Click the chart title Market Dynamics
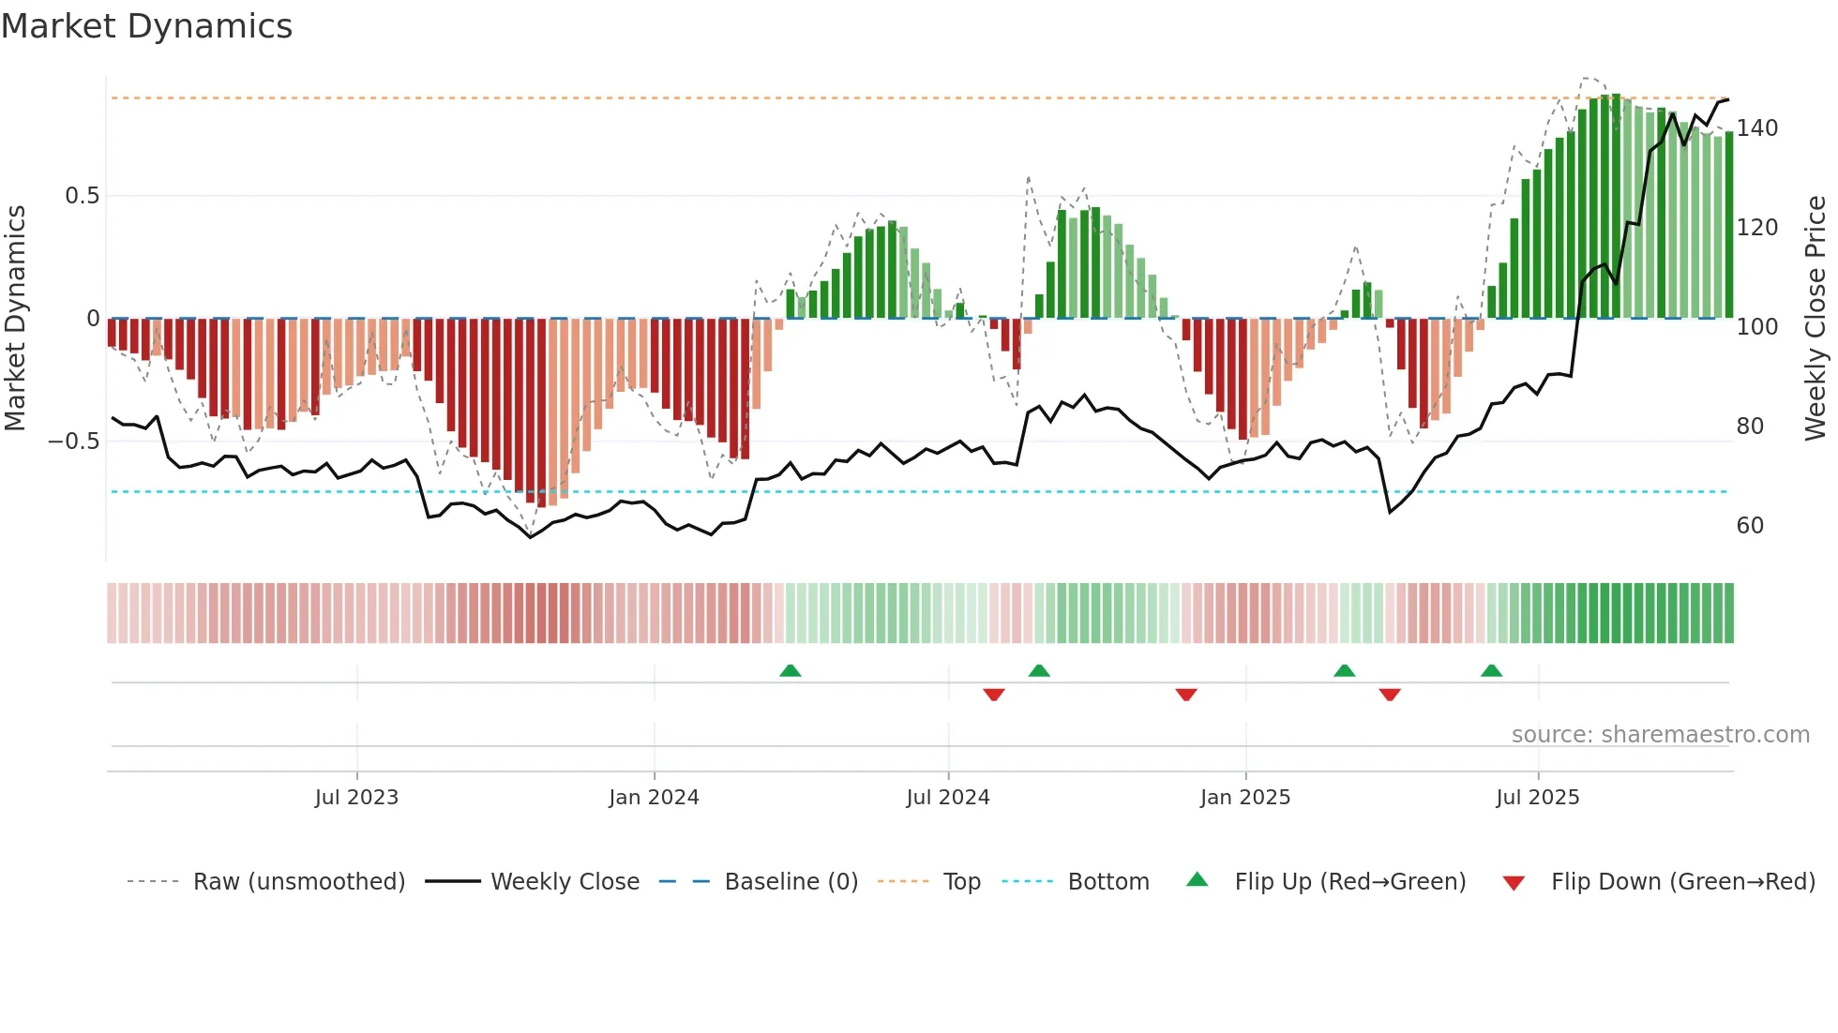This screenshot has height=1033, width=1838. tap(146, 26)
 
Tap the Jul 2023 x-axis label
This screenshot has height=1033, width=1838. tap(356, 798)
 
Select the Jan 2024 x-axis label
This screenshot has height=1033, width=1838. tap(654, 798)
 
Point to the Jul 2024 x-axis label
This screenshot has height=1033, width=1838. tap(947, 798)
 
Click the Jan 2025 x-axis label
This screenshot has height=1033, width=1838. tap(1244, 798)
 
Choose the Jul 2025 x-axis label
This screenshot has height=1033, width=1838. tap(1537, 798)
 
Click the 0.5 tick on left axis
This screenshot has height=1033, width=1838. tap(82, 196)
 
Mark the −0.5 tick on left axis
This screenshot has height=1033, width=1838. tap(74, 442)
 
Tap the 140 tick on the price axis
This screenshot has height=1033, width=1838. tap(1756, 128)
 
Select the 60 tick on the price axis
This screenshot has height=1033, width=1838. tap(1750, 526)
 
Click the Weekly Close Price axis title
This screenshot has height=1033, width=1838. tap(1815, 319)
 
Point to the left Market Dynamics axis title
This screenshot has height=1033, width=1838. tap(16, 319)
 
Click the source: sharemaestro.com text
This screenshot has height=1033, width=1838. tap(1660, 735)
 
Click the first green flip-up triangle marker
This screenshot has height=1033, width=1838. tap(791, 670)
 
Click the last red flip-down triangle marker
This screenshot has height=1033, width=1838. tap(1390, 695)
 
